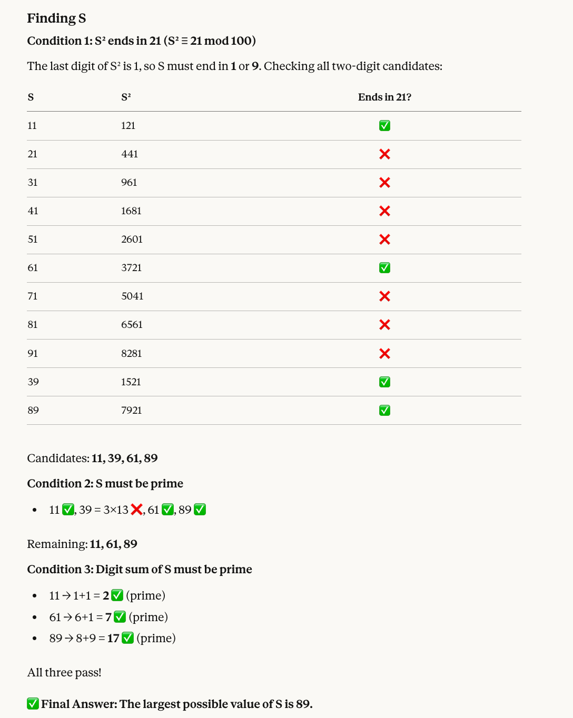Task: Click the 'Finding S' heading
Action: point(56,18)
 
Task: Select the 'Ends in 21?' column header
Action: point(384,97)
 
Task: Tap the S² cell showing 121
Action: point(129,126)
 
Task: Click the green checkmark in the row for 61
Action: point(385,268)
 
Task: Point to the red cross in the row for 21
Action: point(385,154)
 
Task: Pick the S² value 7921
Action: point(132,411)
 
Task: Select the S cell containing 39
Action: point(33,382)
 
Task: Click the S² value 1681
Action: point(131,211)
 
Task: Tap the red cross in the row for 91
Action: point(385,354)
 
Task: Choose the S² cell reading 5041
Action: point(132,296)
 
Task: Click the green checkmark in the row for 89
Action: point(385,411)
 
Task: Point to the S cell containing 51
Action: point(33,240)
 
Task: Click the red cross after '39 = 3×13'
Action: point(136,510)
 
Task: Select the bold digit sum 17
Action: point(113,639)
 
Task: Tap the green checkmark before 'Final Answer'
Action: point(33,704)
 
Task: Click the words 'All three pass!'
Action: point(64,673)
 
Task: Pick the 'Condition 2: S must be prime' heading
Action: point(105,484)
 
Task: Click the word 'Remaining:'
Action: point(57,544)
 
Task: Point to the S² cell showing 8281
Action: point(132,354)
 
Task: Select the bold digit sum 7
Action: point(108,617)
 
